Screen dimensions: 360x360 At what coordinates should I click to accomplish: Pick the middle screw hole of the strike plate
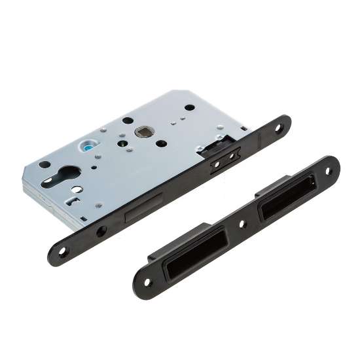[x=244, y=223]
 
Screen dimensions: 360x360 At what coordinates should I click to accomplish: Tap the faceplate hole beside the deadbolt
[x=101, y=231]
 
